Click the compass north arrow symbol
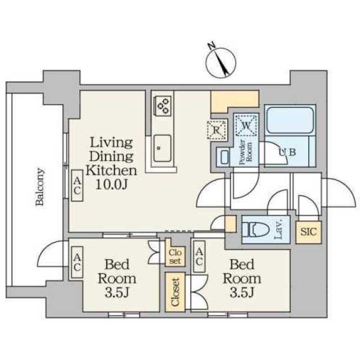pyautogui.click(x=220, y=62)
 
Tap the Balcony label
pyautogui.click(x=39, y=187)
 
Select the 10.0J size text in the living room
pyautogui.click(x=111, y=184)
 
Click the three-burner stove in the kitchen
pyautogui.click(x=163, y=106)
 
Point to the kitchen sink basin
pyautogui.click(x=163, y=148)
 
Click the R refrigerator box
pyautogui.click(x=216, y=130)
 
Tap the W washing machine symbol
pyautogui.click(x=246, y=125)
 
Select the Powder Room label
pyautogui.click(x=245, y=152)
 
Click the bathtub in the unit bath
pyautogui.click(x=290, y=120)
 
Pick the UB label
pyautogui.click(x=287, y=152)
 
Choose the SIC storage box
pyautogui.click(x=308, y=232)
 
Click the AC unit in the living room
pyautogui.click(x=77, y=186)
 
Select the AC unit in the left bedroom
pyautogui.click(x=77, y=263)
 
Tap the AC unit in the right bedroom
pyautogui.click(x=199, y=256)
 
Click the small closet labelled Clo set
pyautogui.click(x=175, y=256)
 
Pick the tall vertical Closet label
pyautogui.click(x=175, y=292)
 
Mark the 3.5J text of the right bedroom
pyautogui.click(x=242, y=292)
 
